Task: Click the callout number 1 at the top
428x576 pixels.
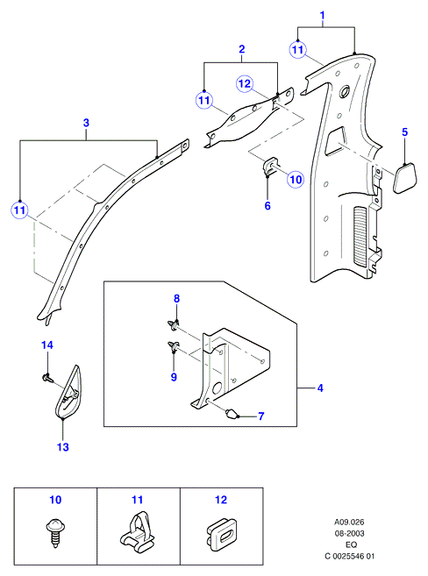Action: coord(323,16)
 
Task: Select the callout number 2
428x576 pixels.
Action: coord(242,49)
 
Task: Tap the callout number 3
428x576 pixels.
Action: coord(86,123)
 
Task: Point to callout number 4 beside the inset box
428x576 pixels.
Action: coord(320,388)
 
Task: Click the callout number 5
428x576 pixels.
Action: coord(404,132)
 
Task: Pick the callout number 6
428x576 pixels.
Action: coord(267,206)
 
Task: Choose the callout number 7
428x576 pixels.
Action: coord(260,416)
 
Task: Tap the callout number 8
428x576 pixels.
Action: coord(176,299)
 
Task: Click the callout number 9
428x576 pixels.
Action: coord(174,377)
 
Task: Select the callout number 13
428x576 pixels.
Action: coord(63,447)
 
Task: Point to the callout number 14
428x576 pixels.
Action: coord(47,345)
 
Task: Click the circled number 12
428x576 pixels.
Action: coord(245,84)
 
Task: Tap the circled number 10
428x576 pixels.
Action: coord(296,180)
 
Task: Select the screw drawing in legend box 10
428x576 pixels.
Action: coord(54,533)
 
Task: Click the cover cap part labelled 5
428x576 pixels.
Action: coord(405,178)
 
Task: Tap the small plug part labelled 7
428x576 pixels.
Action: coord(231,414)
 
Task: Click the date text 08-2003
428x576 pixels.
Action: coord(349,533)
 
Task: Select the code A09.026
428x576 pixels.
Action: coord(349,522)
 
